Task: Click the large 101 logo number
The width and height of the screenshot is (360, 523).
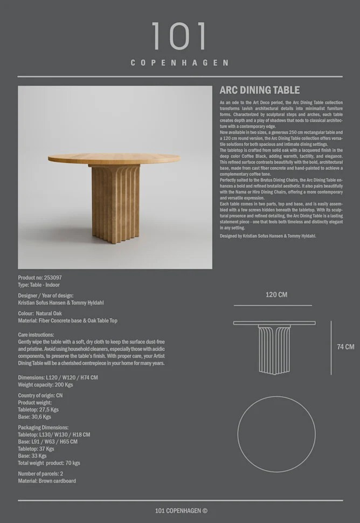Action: click(179, 37)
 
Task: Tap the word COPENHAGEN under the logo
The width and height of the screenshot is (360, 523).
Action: click(179, 63)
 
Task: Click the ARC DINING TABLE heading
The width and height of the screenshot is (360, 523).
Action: click(260, 91)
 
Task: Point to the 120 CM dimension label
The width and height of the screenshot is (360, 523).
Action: click(276, 295)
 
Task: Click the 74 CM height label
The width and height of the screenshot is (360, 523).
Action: click(345, 347)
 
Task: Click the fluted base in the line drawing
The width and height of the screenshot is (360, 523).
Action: click(274, 348)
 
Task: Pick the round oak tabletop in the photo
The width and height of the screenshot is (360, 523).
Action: click(114, 159)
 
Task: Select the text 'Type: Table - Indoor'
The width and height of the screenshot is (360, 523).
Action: click(39, 285)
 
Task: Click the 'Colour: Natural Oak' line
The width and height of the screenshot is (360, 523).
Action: click(40, 313)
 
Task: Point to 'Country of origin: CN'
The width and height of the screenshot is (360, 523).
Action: click(40, 395)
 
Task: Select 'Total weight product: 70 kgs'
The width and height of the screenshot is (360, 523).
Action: click(49, 463)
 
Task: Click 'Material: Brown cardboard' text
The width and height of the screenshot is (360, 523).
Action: click(47, 481)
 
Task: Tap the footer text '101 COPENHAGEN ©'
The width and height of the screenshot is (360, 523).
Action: click(181, 511)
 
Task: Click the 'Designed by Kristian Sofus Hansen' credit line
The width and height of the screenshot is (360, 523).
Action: click(268, 236)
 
